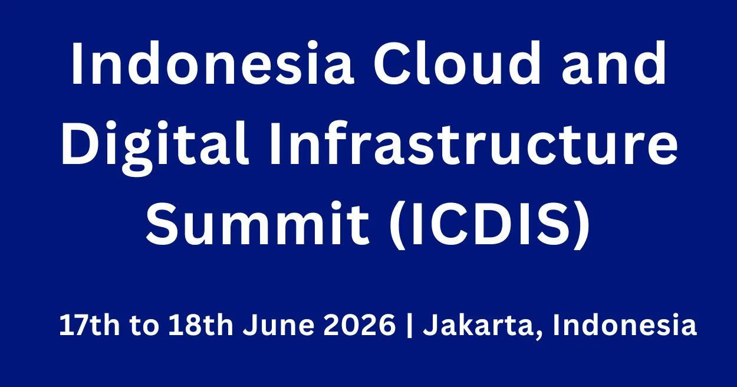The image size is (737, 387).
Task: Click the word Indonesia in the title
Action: pos(212,63)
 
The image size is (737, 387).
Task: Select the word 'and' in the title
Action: pos(614,63)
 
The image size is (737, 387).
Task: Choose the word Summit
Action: pos(258,223)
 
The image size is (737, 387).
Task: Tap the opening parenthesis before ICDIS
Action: pos(397,225)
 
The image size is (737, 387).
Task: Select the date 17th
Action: pos(90,325)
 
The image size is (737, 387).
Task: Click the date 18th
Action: pos(200,325)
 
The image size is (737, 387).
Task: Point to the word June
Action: pos(278,325)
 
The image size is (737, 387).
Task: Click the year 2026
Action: pos(359,325)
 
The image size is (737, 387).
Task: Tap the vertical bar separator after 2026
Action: pos(409,326)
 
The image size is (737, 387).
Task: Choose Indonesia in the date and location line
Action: pos(624,325)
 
